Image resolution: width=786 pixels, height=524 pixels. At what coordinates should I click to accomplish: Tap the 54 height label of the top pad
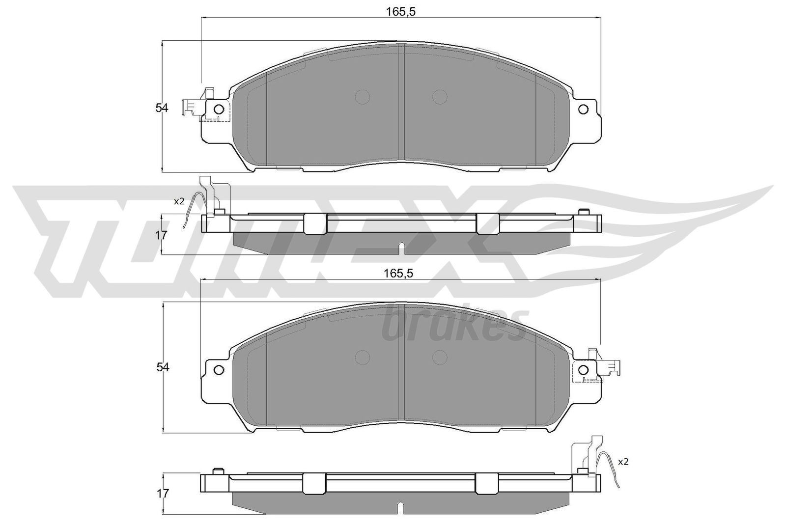pyautogui.click(x=162, y=108)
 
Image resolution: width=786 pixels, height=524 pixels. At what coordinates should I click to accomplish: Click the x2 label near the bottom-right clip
pyautogui.click(x=623, y=462)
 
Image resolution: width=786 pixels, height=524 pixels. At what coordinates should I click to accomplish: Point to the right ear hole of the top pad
pyautogui.click(x=583, y=109)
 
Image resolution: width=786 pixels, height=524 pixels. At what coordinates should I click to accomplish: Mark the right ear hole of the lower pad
pyautogui.click(x=583, y=369)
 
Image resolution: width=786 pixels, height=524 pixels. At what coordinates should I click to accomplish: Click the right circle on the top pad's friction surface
pyautogui.click(x=439, y=96)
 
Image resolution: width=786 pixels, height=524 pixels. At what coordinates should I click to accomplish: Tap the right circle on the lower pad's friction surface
pyautogui.click(x=439, y=357)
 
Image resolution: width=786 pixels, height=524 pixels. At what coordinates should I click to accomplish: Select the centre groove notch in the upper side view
pyautogui.click(x=401, y=248)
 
